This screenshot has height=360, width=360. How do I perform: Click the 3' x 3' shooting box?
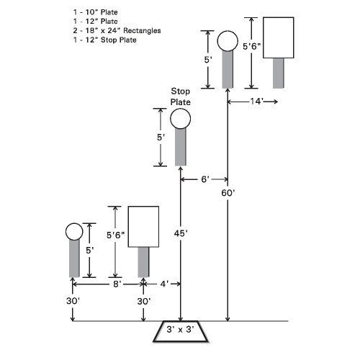coord(181,331)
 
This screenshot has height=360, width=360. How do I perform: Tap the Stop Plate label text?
coord(181,96)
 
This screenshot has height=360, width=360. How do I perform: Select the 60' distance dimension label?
coord(228,193)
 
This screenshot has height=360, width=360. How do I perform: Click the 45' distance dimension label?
coord(181,233)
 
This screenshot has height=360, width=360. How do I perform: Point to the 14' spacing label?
coord(256,102)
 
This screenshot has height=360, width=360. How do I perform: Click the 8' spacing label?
coord(117,284)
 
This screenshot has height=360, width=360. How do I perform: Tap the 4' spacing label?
coord(164,284)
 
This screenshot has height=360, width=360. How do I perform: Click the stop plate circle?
coord(181,119)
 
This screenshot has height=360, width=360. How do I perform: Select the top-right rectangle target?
coord(279,37)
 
